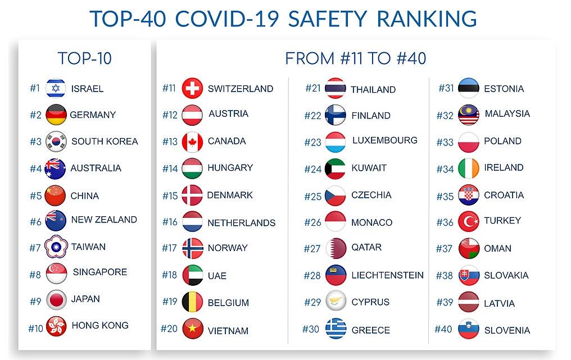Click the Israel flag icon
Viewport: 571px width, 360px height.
pyautogui.click(x=56, y=88)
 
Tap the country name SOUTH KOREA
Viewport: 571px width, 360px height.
pyautogui.click(x=105, y=141)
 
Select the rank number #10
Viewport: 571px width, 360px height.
pyautogui.click(x=36, y=329)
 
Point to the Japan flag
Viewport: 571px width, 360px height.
pyautogui.click(x=56, y=299)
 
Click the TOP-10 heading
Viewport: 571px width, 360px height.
pyautogui.click(x=84, y=58)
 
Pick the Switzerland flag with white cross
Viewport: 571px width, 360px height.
pyautogui.click(x=192, y=88)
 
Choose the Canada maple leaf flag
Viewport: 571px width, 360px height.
pyautogui.click(x=192, y=142)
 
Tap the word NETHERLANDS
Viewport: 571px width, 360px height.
pyautogui.click(x=242, y=223)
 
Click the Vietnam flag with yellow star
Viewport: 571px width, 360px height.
pyautogui.click(x=192, y=329)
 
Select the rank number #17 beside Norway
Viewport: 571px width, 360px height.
pyautogui.click(x=169, y=248)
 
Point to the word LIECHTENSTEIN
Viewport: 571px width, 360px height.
pyautogui.click(x=387, y=275)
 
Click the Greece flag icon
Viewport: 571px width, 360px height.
pyautogui.click(x=336, y=329)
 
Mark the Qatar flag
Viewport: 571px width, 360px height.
pyautogui.click(x=336, y=248)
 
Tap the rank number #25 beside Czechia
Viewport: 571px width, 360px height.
pyautogui.click(x=313, y=197)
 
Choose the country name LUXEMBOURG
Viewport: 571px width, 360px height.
pyautogui.click(x=385, y=140)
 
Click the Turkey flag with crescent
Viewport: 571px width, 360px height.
pyautogui.click(x=469, y=221)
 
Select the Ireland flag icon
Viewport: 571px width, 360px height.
pyautogui.click(x=469, y=168)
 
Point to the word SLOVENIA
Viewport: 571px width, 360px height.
pyautogui.click(x=507, y=330)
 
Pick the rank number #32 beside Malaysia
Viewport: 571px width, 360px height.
pyautogui.click(x=445, y=116)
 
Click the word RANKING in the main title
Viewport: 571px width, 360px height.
pyautogui.click(x=427, y=19)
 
